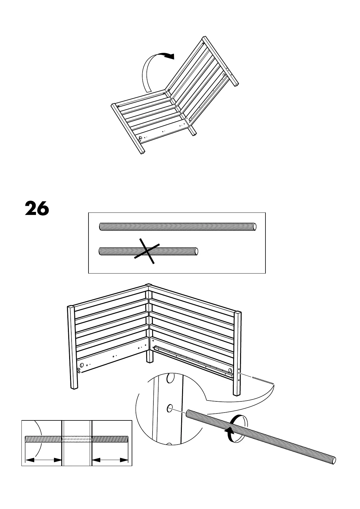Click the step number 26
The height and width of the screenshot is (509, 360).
click(37, 208)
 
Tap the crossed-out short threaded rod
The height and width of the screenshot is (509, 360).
click(175, 251)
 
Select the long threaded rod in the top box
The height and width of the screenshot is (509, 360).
click(178, 226)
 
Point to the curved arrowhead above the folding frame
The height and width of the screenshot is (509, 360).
click(169, 56)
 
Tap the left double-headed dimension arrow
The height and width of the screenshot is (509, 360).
click(43, 469)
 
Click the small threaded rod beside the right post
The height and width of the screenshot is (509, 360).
click(263, 380)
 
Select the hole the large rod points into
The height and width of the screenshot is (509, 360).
click(170, 409)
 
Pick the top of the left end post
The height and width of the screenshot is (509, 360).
click(71, 307)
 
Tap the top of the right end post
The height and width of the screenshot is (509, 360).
click(238, 313)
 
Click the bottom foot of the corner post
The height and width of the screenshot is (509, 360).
click(149, 361)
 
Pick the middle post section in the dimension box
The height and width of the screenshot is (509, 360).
click(77, 447)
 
